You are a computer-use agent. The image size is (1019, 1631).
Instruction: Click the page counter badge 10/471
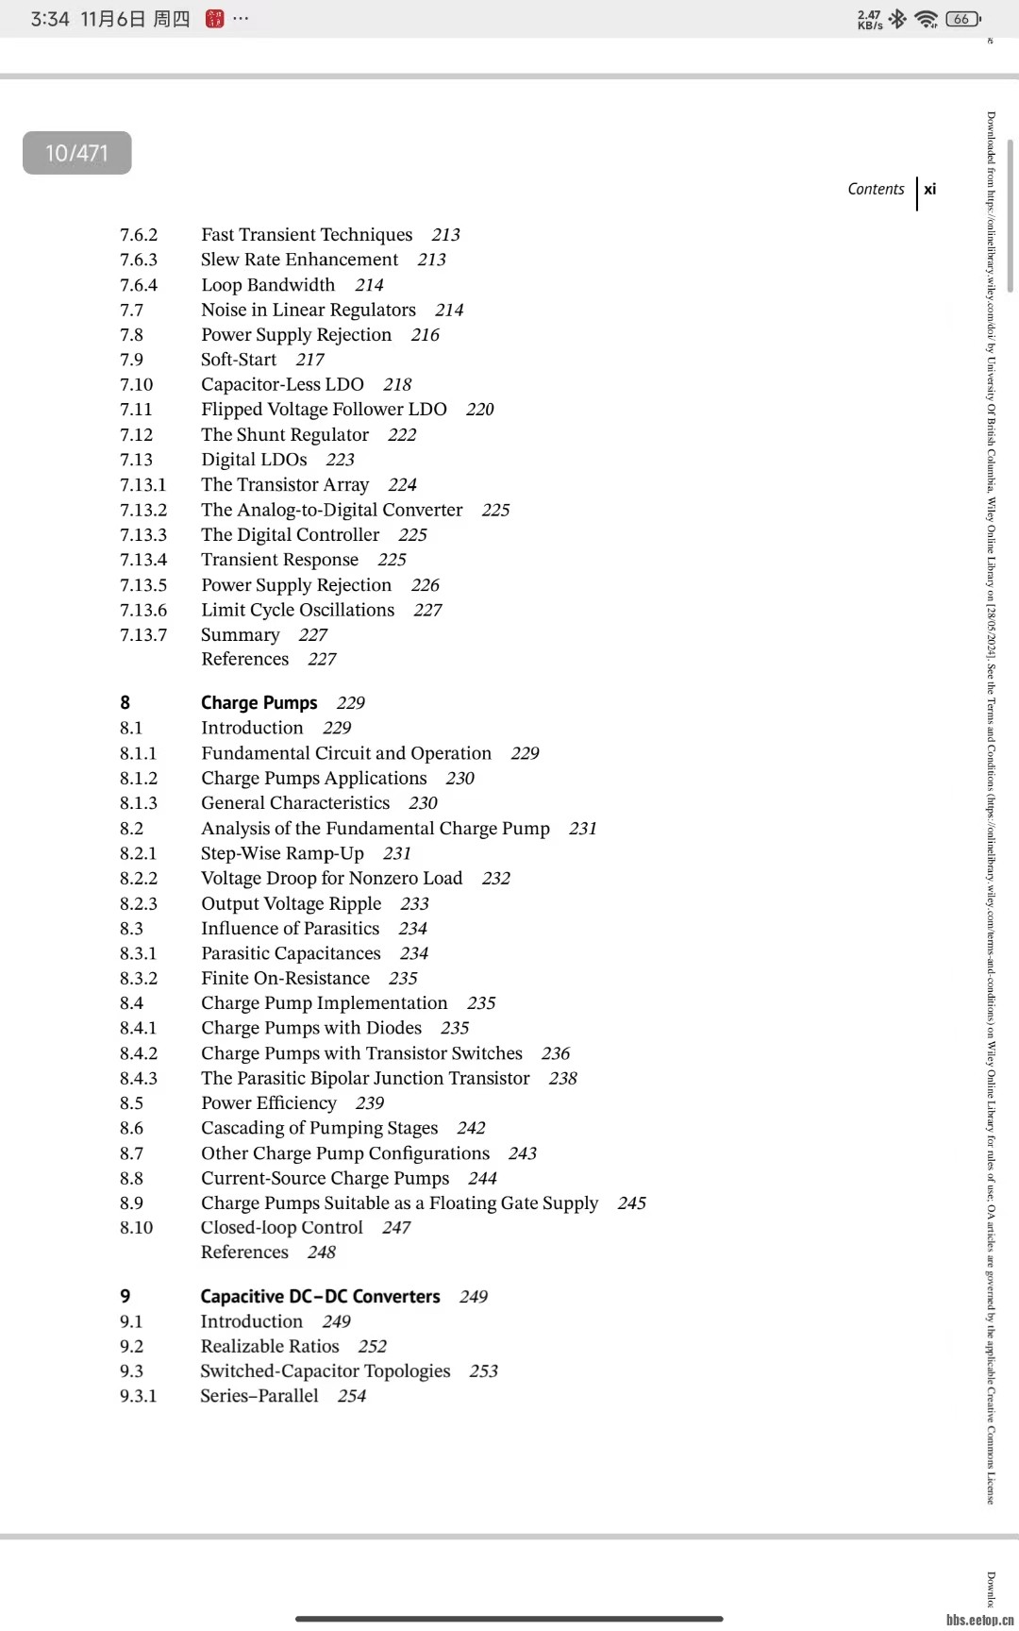[76, 153]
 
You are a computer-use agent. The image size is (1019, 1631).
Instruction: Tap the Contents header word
[876, 189]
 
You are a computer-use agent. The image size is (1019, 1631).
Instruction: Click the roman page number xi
[930, 189]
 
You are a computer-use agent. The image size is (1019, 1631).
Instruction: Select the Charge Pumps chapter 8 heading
[259, 703]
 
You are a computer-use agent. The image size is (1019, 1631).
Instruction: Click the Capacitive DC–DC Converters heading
[320, 1297]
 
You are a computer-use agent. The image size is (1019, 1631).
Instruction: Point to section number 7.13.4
[143, 560]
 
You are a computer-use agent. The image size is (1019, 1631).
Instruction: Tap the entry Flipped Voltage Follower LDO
[324, 410]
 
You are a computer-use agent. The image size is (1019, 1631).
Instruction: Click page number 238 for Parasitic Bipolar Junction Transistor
[563, 1078]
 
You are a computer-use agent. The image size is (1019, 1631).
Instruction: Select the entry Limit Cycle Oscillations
[297, 610]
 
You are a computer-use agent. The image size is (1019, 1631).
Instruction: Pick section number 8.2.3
[139, 903]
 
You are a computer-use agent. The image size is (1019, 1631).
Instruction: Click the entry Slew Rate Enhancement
[299, 260]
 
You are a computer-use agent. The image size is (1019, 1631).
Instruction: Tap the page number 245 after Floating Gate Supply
[632, 1203]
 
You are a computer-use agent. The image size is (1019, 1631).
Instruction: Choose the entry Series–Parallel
[259, 1396]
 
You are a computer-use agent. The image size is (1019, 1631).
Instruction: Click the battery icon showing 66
[962, 19]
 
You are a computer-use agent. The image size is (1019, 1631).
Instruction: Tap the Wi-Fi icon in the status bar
[927, 19]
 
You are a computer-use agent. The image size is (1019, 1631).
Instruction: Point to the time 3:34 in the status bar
[49, 19]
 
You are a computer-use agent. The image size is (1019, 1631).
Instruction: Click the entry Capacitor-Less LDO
[282, 384]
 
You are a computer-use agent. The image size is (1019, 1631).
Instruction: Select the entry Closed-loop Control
[281, 1228]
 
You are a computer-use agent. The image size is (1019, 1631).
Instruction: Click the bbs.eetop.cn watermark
[979, 1620]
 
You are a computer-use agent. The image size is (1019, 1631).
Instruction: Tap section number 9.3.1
[139, 1396]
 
